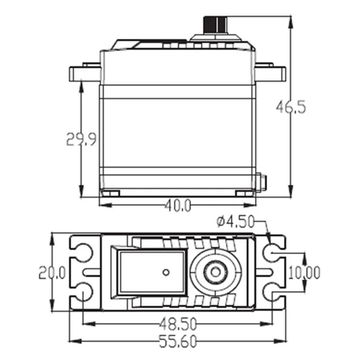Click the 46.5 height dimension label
tap(291, 107)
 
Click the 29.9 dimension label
tap(81, 139)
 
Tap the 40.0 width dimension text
tap(178, 205)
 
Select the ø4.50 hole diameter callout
tap(235, 222)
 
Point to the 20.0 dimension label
tap(52, 272)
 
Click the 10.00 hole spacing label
tap(304, 273)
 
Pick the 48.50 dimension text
tap(178, 324)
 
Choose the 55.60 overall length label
tap(178, 342)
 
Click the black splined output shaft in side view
tap(215, 25)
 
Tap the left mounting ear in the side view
tap(85, 73)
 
